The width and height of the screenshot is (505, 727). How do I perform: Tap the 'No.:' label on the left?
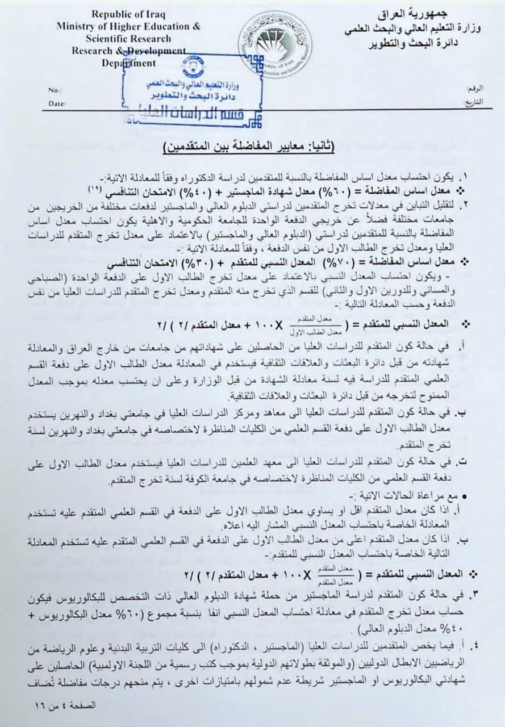click(x=55, y=90)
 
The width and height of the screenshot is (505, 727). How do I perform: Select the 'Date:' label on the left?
click(x=57, y=104)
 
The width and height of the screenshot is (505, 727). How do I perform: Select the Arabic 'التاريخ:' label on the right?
click(x=457, y=103)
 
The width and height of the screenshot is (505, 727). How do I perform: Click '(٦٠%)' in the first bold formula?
click(x=334, y=189)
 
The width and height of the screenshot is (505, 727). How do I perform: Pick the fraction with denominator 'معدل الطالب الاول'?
click(x=311, y=327)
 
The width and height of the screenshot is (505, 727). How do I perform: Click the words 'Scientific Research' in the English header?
click(x=128, y=39)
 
